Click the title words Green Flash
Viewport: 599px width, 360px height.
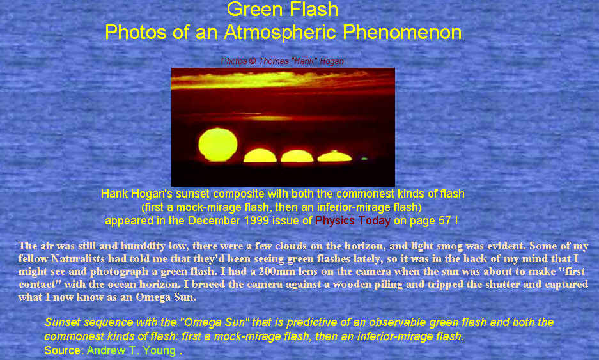coord(283,9)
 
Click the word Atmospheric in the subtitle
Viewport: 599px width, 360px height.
coord(280,32)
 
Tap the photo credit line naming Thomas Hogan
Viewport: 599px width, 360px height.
coord(283,61)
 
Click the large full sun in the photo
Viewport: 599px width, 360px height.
coord(218,145)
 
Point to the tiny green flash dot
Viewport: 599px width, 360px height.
coord(364,158)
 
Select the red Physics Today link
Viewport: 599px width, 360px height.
coord(353,221)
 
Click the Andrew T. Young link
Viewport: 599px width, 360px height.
coord(132,350)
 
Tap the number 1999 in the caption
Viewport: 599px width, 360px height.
coord(256,221)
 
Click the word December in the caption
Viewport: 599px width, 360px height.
coord(214,221)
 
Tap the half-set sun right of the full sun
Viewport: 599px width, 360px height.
coord(260,156)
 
